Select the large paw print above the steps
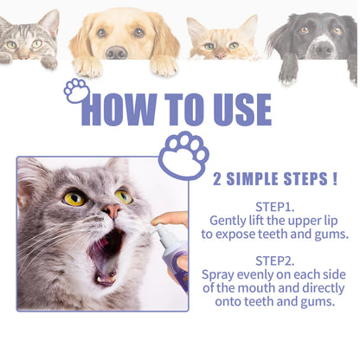tap(183, 154)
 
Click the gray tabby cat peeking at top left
tap(26, 39)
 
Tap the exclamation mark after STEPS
tap(333, 180)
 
